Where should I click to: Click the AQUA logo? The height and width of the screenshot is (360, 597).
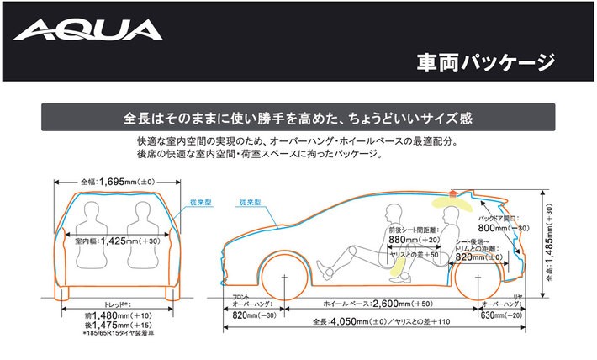(88, 31)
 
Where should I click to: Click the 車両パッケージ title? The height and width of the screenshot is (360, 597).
(486, 61)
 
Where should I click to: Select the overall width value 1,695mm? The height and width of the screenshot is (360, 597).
(114, 182)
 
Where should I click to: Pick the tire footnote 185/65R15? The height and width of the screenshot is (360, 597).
(117, 335)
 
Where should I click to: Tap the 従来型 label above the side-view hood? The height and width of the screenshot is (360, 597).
(250, 203)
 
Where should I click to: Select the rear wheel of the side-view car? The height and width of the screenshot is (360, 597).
(475, 278)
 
